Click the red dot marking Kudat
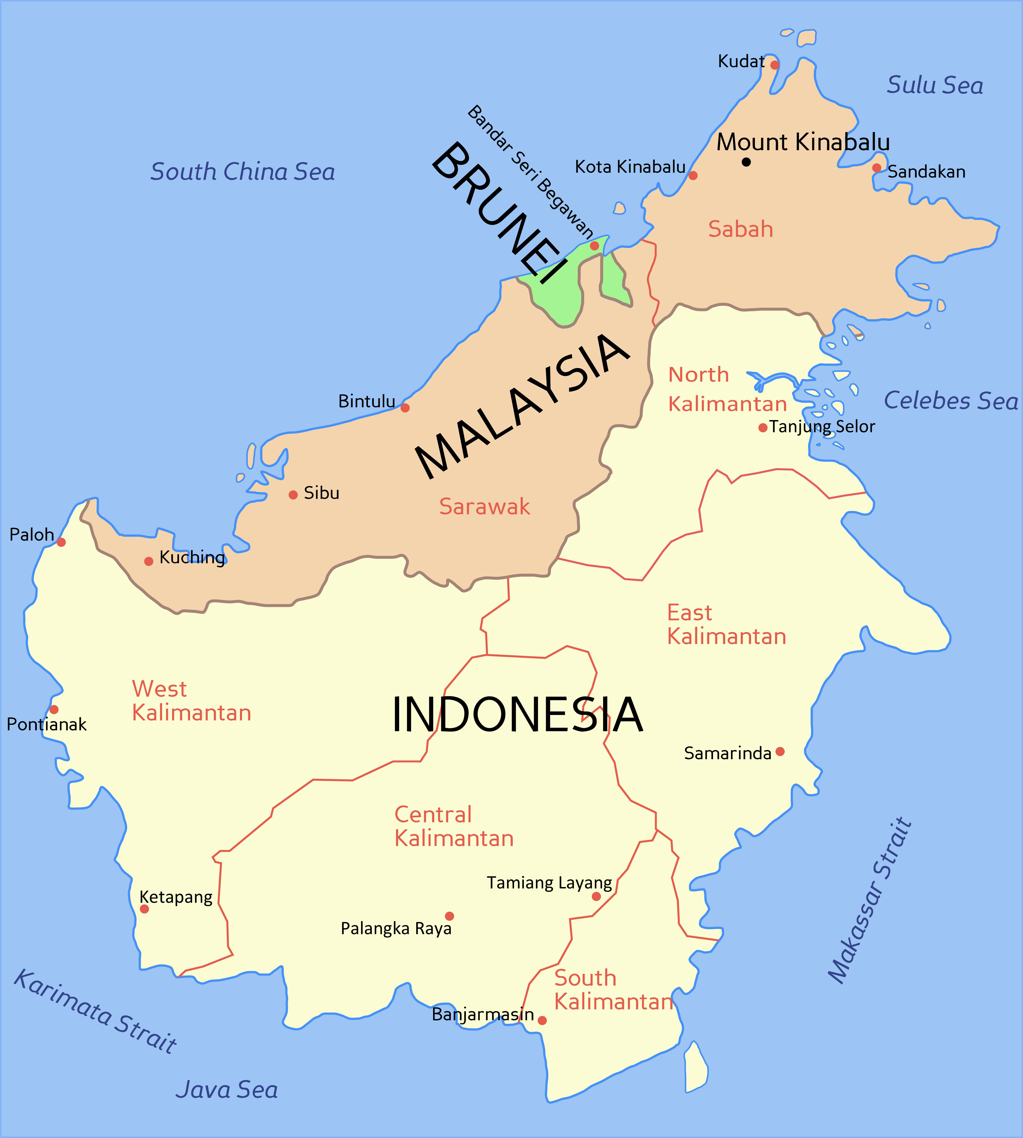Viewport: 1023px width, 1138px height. point(774,65)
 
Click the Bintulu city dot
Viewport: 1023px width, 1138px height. point(405,408)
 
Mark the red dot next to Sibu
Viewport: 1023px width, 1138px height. point(293,495)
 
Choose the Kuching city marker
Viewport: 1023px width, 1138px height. point(148,561)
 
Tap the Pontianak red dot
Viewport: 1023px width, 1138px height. point(54,709)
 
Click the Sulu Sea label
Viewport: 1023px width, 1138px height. point(935,85)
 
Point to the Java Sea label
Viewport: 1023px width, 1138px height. point(227,1090)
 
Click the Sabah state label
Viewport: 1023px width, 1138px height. point(740,229)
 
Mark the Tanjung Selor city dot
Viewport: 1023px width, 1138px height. point(763,428)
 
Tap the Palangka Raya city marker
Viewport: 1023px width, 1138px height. point(449,916)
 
